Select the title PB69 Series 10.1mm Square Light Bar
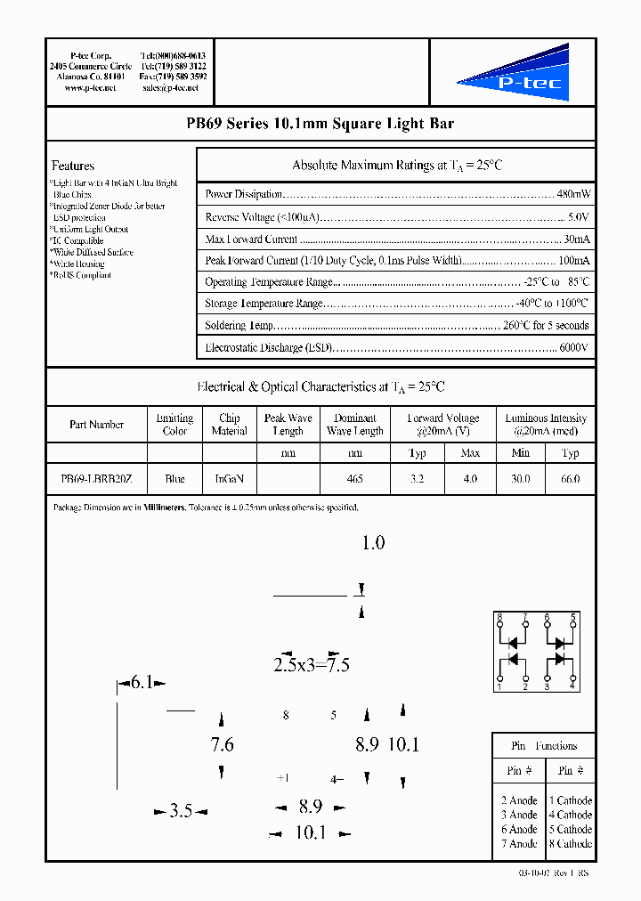click(320, 125)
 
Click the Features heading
click(73, 166)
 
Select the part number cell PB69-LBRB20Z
click(96, 479)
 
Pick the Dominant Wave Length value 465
click(354, 479)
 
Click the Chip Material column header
click(229, 425)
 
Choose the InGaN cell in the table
click(229, 479)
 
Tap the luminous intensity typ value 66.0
click(570, 479)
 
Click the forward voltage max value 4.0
click(470, 479)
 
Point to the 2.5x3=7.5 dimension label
click(311, 665)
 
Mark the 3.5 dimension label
click(181, 811)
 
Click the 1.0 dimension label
click(373, 543)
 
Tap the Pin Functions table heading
click(544, 746)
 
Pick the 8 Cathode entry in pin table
click(570, 843)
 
